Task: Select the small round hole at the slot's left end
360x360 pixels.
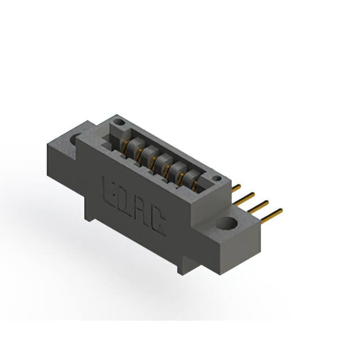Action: pos(118,121)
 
